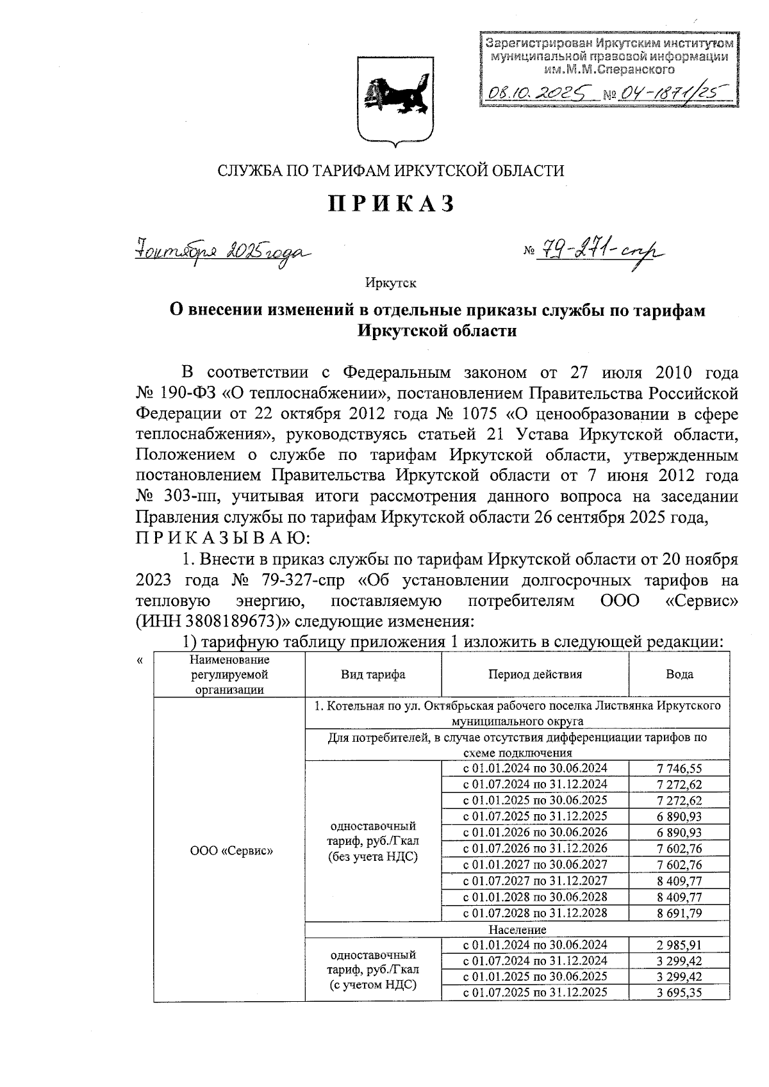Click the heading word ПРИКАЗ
[x=392, y=203]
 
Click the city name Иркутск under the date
[x=391, y=282]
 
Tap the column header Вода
[x=679, y=674]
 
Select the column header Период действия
[x=535, y=674]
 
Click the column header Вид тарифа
[x=373, y=674]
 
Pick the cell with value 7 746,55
[x=679, y=769]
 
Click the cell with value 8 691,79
[x=679, y=913]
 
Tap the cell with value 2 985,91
[x=679, y=945]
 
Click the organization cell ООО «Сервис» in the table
[x=231, y=851]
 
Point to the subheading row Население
[x=517, y=929]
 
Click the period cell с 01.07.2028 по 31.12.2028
[x=535, y=913]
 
